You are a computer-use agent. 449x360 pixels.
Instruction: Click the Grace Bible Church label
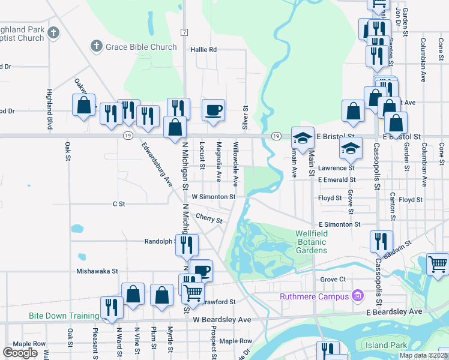(142, 47)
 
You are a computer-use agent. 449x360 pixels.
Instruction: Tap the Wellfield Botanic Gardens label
(311, 242)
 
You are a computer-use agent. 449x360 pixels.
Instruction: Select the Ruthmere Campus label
(315, 296)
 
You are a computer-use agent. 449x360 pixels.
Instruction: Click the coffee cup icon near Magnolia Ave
(213, 110)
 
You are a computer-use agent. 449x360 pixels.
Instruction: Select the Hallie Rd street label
(203, 50)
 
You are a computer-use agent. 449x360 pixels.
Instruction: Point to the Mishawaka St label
(97, 271)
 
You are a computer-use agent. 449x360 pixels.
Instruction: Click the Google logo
(20, 353)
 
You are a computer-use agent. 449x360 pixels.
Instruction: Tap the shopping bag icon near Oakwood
(84, 105)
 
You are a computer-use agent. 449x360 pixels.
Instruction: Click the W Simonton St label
(214, 196)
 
